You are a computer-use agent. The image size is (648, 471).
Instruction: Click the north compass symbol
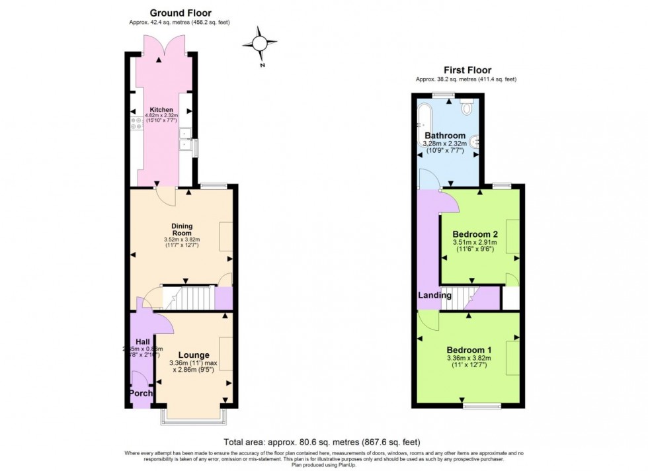point(260,44)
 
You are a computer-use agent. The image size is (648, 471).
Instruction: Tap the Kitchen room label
point(161,110)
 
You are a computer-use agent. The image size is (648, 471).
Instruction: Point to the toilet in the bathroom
point(467,106)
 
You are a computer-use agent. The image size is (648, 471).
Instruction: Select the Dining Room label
point(181,229)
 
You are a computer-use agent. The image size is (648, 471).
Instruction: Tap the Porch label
point(140,393)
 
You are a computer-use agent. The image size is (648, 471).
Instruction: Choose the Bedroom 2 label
point(475,234)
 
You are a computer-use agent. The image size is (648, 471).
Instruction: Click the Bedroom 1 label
point(469,350)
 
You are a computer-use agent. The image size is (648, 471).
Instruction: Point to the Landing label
point(434,295)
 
